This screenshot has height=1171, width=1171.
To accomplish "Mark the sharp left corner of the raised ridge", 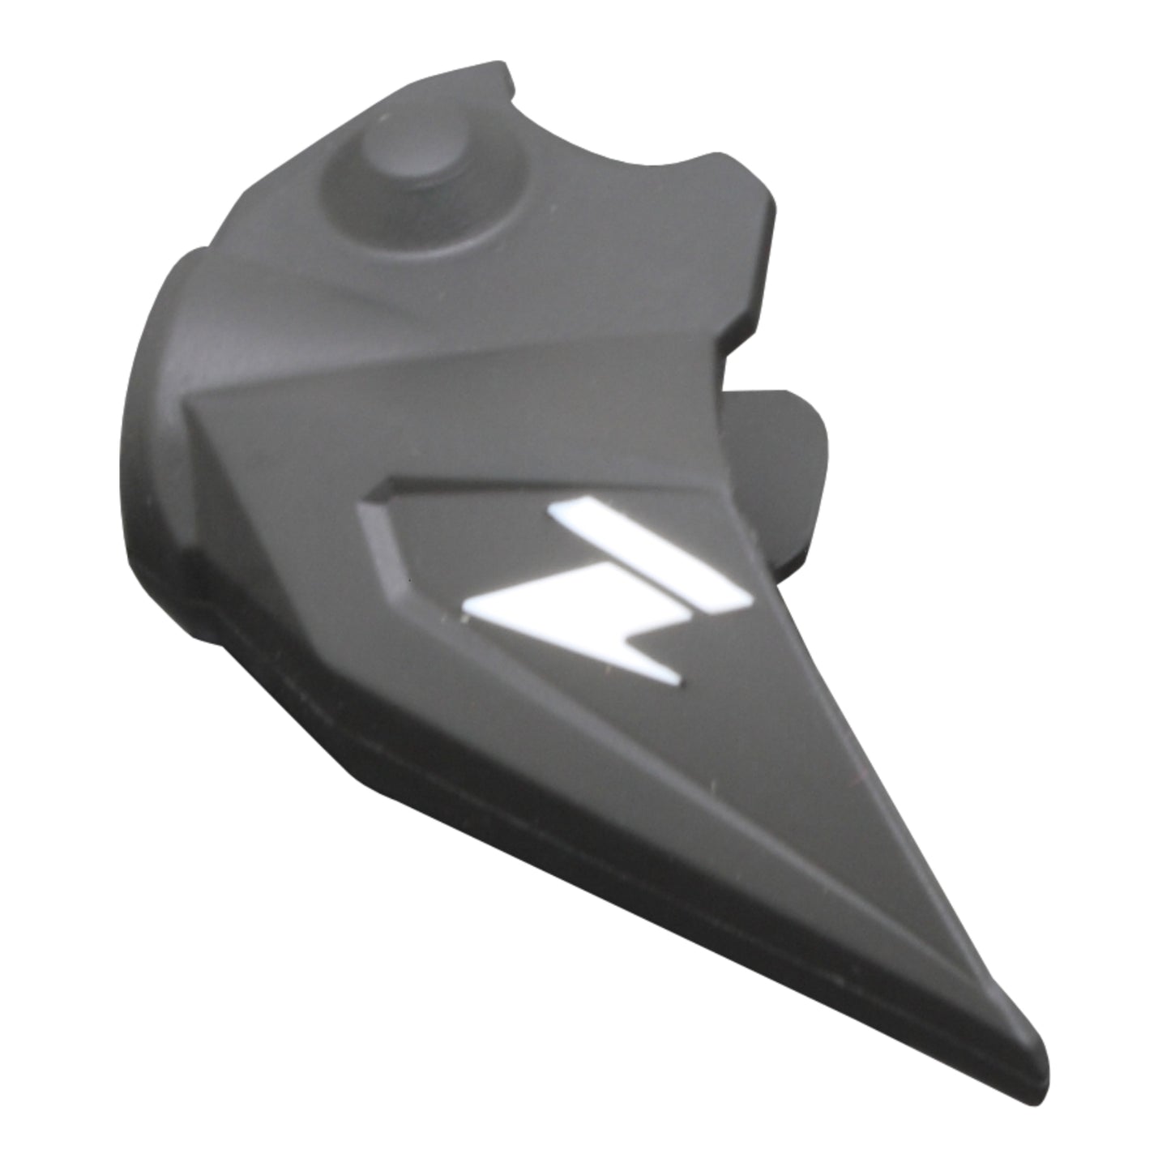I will pos(190,401).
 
